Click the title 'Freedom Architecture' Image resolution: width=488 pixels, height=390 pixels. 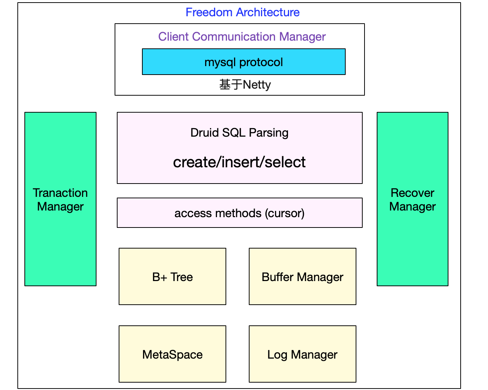[242, 12]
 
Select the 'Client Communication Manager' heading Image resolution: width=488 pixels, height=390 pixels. [242, 37]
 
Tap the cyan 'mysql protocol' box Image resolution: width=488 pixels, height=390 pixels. [244, 62]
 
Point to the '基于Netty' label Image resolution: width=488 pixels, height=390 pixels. [245, 85]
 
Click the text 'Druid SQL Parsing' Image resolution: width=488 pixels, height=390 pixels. [239, 133]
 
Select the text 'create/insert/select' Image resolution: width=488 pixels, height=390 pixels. [239, 162]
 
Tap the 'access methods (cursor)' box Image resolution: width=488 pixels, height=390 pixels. [240, 213]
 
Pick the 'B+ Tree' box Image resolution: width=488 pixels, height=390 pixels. [172, 277]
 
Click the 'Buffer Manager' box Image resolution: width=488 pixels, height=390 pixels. [302, 277]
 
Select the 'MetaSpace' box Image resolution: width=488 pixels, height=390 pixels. [172, 354]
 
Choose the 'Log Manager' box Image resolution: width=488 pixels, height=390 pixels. [302, 354]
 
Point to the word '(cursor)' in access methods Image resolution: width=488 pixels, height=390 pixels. [285, 213]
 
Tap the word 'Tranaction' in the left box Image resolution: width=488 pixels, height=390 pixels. [60, 193]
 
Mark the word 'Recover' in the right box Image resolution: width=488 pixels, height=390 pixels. [412, 193]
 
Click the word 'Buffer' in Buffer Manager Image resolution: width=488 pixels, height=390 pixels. [278, 277]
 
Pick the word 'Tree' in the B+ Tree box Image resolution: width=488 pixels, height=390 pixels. [182, 277]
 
